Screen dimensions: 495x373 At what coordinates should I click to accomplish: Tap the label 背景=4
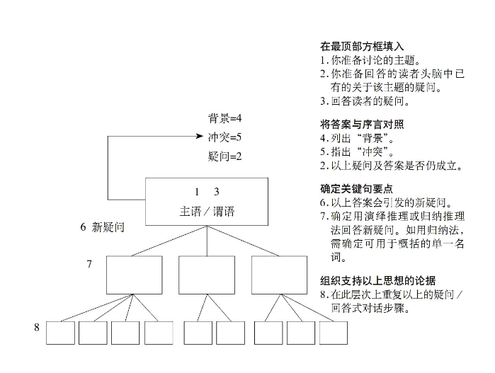click(224, 118)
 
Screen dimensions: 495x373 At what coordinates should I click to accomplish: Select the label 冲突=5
click(224, 137)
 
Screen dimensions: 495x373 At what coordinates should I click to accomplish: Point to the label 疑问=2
click(224, 156)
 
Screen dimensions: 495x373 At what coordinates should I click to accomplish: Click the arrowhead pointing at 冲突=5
click(200, 136)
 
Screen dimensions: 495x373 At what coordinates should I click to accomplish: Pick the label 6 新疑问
click(102, 227)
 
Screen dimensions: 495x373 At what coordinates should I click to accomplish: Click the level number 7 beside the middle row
click(89, 264)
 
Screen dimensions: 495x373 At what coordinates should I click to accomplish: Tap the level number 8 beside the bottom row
click(37, 327)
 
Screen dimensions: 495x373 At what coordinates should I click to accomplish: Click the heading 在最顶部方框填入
click(362, 47)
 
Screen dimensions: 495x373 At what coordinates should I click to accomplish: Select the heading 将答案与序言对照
click(362, 125)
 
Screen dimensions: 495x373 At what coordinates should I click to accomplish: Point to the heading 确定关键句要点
click(356, 189)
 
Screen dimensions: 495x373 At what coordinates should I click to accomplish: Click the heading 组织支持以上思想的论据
click(378, 280)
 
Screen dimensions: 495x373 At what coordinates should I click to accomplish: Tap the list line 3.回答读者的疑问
click(365, 101)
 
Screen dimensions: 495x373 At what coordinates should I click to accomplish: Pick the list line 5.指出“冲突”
click(357, 151)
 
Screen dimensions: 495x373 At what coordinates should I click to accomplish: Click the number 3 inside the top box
click(217, 192)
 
